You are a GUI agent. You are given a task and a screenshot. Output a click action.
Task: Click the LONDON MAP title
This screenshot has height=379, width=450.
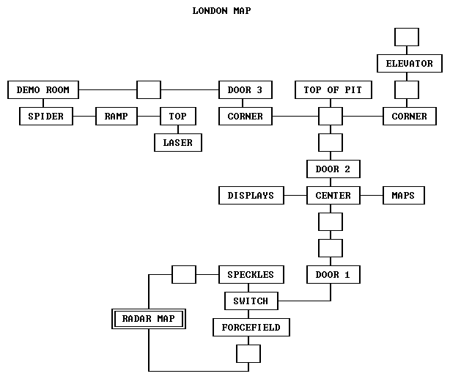(224, 11)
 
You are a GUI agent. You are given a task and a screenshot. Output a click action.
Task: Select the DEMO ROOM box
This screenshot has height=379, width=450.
(43, 90)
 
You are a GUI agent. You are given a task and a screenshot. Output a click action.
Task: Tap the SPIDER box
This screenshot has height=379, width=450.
(46, 117)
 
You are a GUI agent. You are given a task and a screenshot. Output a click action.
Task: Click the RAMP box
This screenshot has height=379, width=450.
(117, 117)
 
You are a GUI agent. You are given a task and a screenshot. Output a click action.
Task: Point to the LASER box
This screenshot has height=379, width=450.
(178, 143)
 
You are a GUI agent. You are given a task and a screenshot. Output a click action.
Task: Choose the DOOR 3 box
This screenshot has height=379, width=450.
(246, 90)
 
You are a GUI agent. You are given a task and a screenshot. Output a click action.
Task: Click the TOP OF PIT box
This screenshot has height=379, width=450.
(333, 90)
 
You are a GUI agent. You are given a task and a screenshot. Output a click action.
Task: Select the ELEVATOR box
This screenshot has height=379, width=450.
(410, 64)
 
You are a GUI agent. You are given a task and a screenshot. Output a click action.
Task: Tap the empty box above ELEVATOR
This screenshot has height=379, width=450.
(407, 37)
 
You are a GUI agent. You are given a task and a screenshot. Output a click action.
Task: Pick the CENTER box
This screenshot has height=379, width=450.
(333, 196)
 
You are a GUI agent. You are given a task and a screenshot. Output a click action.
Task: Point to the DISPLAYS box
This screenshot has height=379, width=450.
(251, 196)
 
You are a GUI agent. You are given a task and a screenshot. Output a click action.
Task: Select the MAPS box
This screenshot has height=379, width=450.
(403, 196)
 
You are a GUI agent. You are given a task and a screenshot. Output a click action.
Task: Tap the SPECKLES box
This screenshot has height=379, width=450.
(251, 275)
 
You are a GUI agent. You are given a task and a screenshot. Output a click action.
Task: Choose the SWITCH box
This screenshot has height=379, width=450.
(251, 301)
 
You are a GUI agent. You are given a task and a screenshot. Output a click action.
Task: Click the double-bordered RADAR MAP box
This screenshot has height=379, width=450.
(149, 319)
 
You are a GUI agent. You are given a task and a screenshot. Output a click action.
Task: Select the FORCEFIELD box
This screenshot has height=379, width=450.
(251, 328)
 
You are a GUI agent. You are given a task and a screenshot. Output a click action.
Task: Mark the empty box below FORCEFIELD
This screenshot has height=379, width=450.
(248, 354)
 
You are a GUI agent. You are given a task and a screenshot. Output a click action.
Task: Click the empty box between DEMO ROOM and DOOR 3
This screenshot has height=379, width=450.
(149, 90)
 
